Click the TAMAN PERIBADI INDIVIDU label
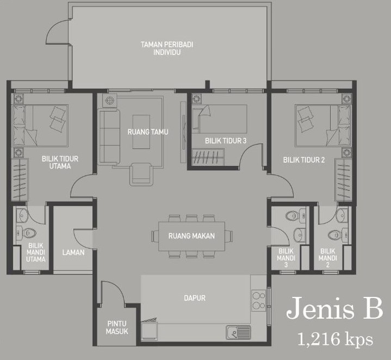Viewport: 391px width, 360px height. point(167,48)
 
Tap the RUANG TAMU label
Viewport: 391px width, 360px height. point(148,132)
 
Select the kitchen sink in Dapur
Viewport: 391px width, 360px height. point(238,332)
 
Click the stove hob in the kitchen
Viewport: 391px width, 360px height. point(259,300)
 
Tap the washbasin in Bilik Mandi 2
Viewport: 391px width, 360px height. point(341,214)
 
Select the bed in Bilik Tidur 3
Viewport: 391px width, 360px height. point(220,119)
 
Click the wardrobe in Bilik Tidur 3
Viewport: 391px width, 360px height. point(208,157)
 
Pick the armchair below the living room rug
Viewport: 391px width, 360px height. point(141,174)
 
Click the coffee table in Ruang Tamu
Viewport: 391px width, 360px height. point(141,132)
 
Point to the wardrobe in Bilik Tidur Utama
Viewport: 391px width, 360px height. point(20,179)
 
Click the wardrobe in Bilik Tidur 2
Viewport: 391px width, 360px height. point(343,179)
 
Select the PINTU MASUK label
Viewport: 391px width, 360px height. point(117,327)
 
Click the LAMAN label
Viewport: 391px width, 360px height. point(73,252)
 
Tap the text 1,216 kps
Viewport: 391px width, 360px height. point(335,339)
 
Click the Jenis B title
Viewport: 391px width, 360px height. point(334,308)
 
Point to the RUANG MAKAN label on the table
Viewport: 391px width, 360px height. point(191,236)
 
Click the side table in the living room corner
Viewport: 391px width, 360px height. point(109,101)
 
